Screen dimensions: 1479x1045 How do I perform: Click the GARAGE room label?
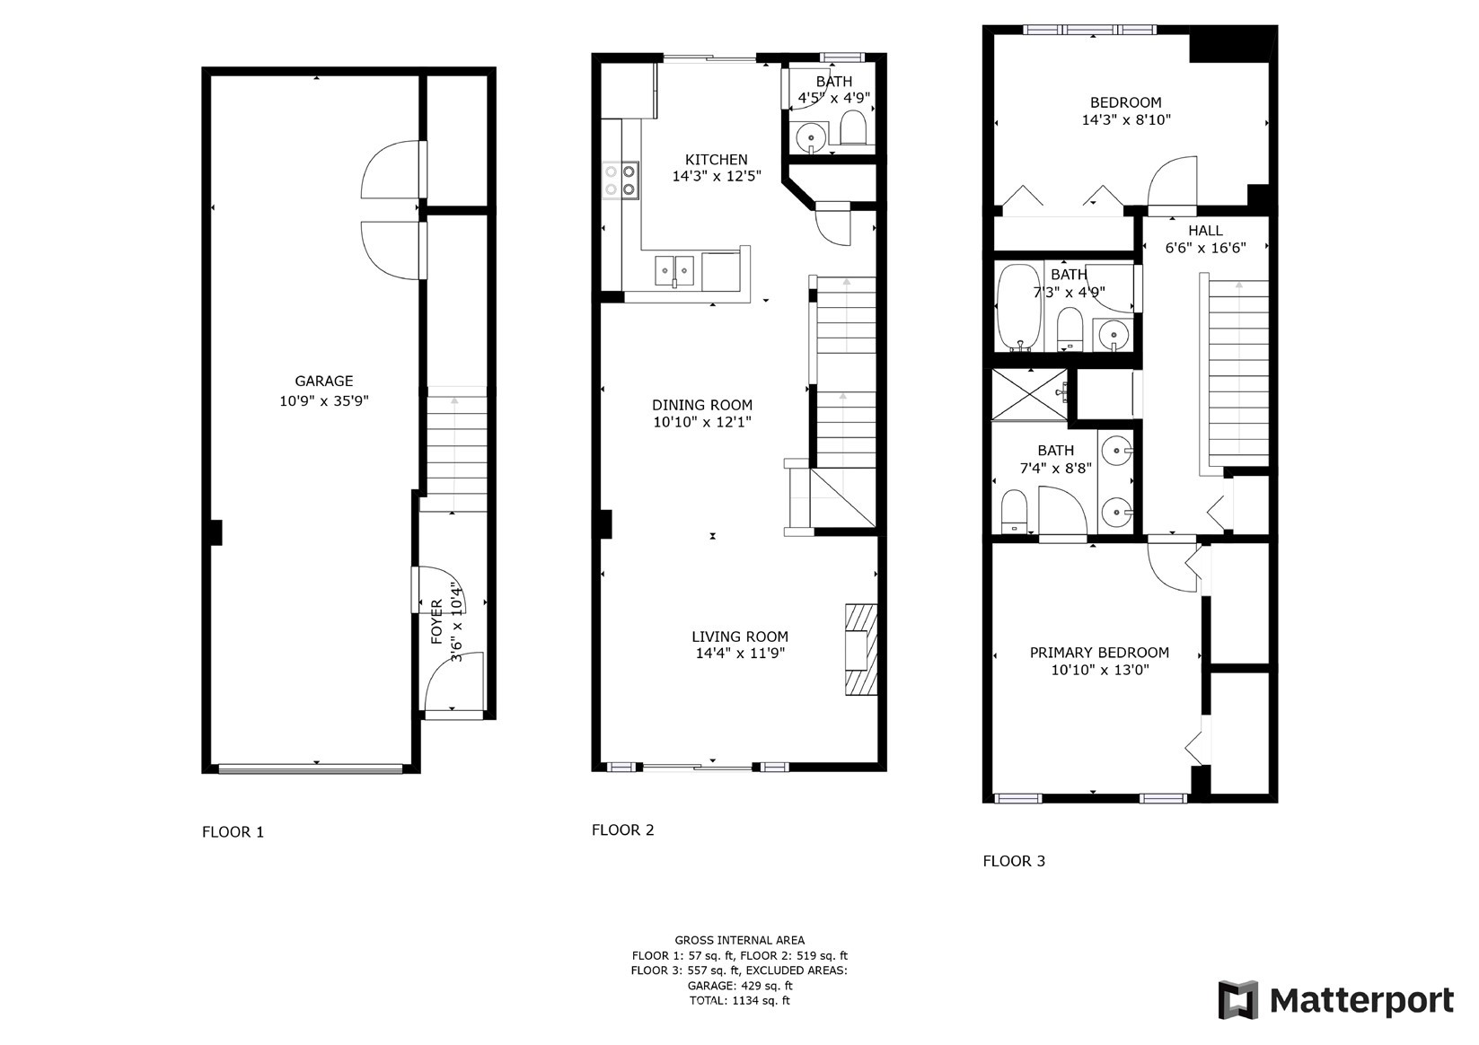click(323, 381)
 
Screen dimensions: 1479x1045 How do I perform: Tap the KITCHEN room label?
click(717, 159)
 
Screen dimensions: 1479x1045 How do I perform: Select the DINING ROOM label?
click(702, 405)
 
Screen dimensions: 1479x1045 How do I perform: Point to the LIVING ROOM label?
click(740, 637)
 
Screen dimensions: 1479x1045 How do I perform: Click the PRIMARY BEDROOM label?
click(1099, 652)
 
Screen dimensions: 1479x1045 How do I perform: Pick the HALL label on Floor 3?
click(1206, 231)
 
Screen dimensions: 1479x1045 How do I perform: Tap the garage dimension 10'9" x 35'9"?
click(323, 400)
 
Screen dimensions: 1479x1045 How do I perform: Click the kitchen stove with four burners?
click(621, 180)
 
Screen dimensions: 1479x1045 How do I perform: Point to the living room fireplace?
click(861, 650)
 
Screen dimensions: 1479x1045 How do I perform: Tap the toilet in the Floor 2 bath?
click(853, 127)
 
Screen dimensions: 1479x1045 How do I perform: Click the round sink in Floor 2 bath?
click(811, 138)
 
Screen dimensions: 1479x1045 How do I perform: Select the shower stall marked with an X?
click(1029, 394)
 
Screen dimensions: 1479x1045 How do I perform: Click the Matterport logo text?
click(1361, 1001)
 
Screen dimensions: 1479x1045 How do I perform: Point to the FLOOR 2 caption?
click(622, 830)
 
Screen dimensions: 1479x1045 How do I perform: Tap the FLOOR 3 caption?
click(1014, 861)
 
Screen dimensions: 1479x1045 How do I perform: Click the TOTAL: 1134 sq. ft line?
click(740, 1000)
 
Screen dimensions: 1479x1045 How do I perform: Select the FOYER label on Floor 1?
click(436, 621)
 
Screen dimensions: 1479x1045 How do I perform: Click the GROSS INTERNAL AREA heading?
click(740, 940)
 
